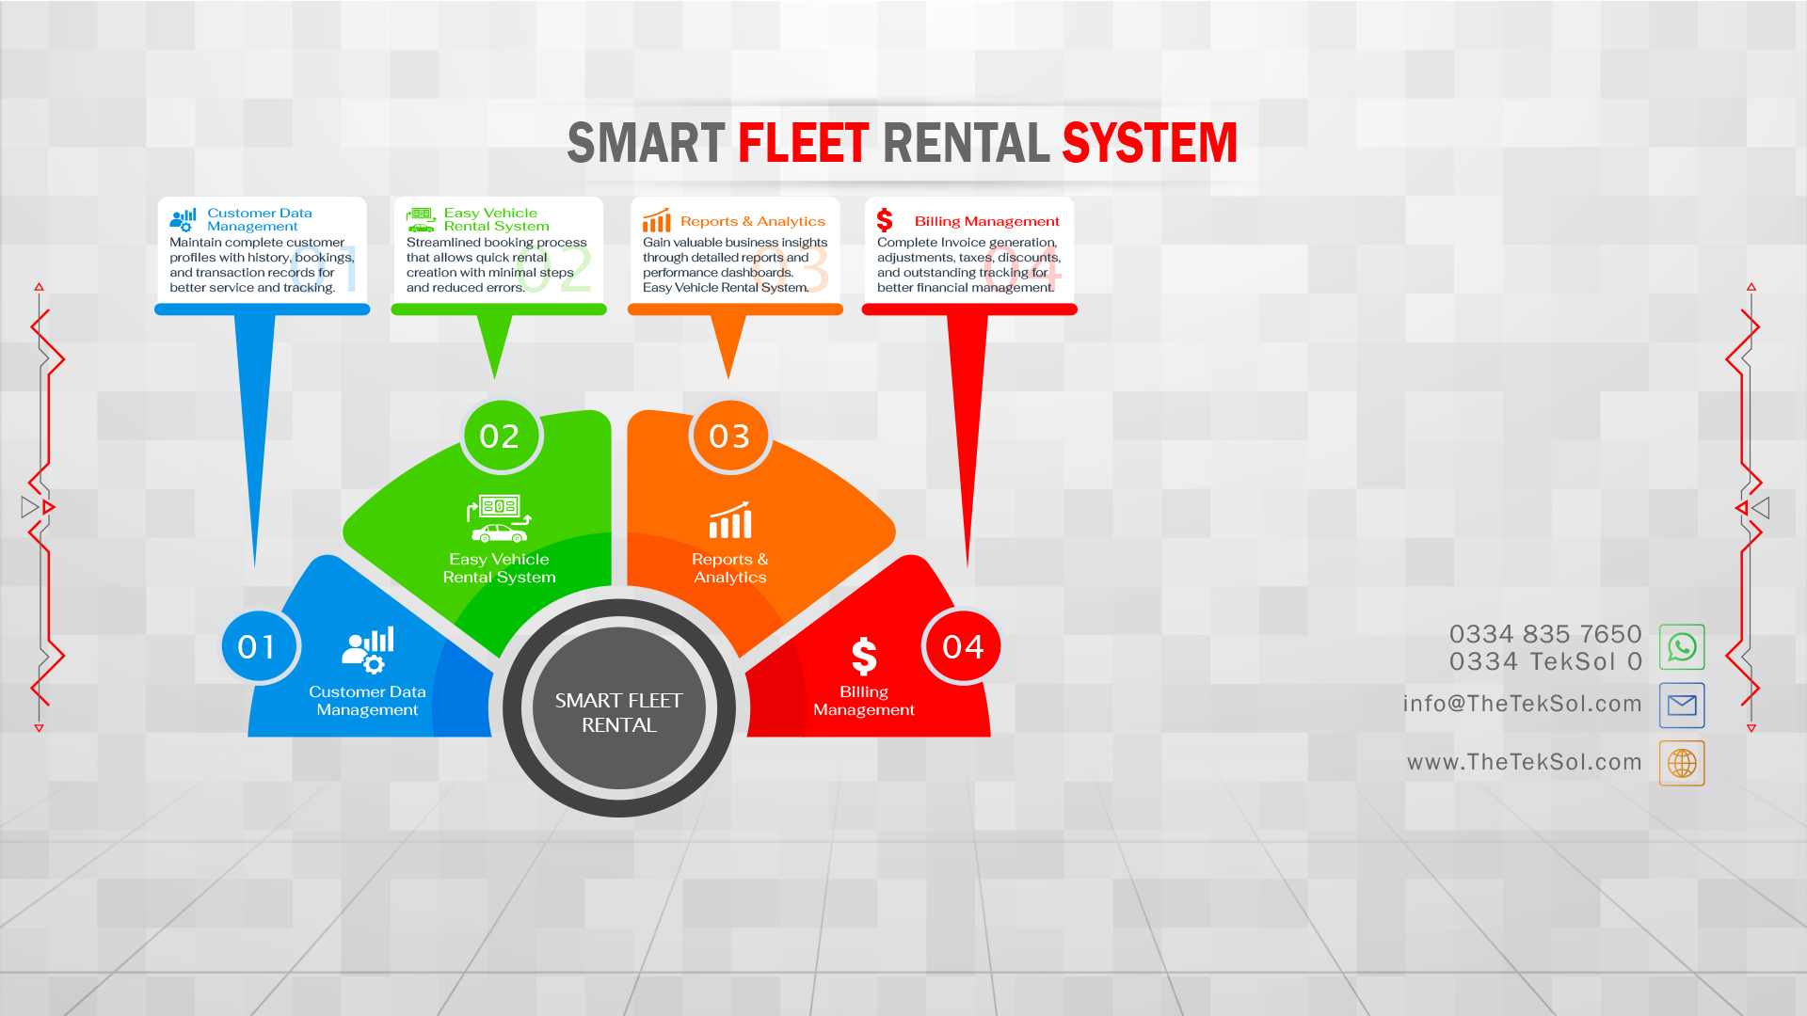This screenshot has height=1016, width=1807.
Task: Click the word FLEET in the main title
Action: coord(803,143)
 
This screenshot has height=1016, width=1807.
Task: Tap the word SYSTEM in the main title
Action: coord(1149,143)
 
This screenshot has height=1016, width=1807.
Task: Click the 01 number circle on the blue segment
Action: coord(257,646)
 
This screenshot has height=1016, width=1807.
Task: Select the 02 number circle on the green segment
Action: coord(500,436)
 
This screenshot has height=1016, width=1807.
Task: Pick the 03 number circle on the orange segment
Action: coord(729,436)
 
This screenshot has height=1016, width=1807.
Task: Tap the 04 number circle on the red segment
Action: coord(963,646)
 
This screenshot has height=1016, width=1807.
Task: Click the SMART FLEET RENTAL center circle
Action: coord(618,708)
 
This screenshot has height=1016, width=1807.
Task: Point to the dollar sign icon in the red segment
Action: coord(864,657)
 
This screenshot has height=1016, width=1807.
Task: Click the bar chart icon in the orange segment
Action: coord(730,520)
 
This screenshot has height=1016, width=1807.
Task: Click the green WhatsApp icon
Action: coord(1682,647)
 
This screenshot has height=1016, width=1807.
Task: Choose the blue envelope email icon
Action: coord(1682,706)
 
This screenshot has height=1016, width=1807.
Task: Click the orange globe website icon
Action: coord(1682,763)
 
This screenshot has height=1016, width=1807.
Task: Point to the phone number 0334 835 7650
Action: coord(1545,634)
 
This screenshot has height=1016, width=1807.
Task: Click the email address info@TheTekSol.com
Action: coord(1522,704)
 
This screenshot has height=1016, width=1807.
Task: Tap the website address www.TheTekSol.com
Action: coord(1525,762)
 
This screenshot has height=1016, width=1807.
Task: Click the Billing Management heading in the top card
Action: coord(987,221)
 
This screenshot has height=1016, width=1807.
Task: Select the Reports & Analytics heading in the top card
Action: coord(753,221)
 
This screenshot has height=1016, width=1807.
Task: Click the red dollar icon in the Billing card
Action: coord(885,220)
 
